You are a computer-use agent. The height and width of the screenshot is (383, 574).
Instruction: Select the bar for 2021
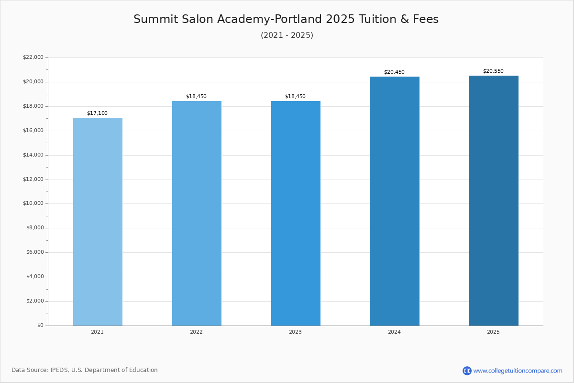coord(98,222)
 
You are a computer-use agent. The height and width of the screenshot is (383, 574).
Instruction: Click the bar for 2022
coord(197,214)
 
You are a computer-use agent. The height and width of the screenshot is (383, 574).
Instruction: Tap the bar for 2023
coord(296,214)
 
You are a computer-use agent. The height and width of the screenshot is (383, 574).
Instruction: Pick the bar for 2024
coord(395,201)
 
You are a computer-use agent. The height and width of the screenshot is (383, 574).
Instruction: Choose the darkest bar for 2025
coord(494,201)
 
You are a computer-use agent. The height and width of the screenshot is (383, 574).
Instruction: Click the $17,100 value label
coord(98,113)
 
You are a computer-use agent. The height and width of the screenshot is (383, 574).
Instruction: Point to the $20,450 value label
coord(394,72)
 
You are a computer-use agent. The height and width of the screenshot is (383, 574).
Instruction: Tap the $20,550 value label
coord(493,71)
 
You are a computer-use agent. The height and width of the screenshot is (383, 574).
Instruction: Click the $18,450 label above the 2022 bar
coord(196,96)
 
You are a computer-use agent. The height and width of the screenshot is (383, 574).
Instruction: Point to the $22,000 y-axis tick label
coord(33,57)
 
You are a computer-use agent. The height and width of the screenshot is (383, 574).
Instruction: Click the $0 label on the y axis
coord(41,325)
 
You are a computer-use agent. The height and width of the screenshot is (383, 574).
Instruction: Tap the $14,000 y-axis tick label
coord(33,155)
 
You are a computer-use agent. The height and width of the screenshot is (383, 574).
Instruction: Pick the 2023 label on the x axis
coord(296,332)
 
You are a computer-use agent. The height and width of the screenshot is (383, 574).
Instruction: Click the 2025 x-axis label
coord(493,332)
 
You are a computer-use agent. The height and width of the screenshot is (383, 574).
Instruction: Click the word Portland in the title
coord(298,19)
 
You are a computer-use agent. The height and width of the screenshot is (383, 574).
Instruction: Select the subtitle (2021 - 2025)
coord(287,35)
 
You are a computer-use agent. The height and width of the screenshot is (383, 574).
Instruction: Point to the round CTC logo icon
coord(467,371)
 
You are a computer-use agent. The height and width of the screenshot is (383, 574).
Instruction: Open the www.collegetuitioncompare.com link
coord(518,371)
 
